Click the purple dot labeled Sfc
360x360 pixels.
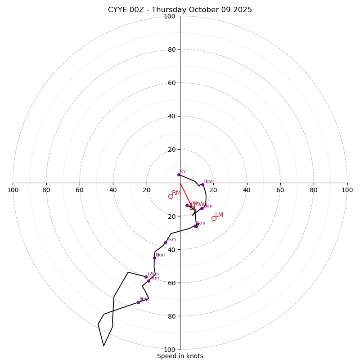(x=179, y=175)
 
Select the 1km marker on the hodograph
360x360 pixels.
(x=202, y=184)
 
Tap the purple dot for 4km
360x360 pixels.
(x=195, y=226)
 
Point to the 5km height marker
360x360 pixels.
(x=165, y=243)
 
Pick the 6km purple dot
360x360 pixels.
(x=154, y=258)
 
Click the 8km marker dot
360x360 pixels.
(x=138, y=302)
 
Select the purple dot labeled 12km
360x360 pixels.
(x=146, y=277)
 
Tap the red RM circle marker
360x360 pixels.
(x=171, y=196)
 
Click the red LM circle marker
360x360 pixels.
(x=214, y=218)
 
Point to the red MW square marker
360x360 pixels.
(x=192, y=207)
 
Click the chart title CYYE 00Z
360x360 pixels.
(x=180, y=10)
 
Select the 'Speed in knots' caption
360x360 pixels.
(x=180, y=356)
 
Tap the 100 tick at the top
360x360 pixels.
(x=170, y=16)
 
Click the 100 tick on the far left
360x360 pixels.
(x=13, y=190)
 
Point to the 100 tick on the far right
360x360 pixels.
(x=347, y=190)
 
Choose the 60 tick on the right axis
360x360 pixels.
(x=280, y=190)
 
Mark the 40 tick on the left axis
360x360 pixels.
(x=113, y=190)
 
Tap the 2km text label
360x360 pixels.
(x=207, y=206)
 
